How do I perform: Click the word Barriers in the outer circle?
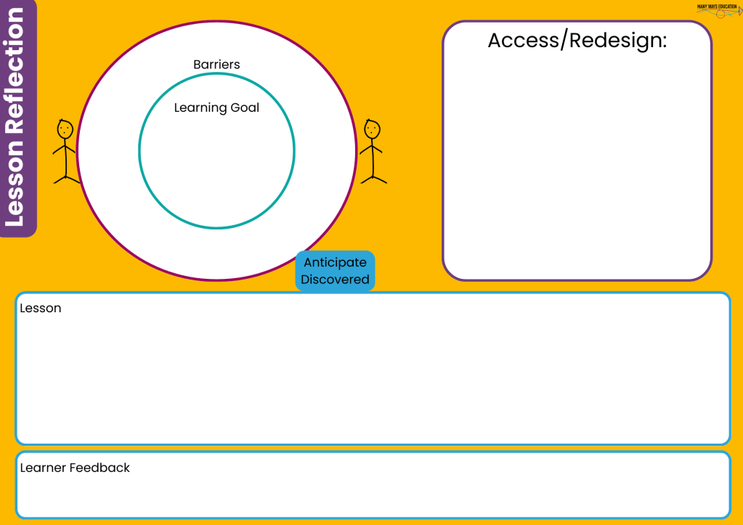pos(216,65)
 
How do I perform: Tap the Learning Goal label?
pos(216,108)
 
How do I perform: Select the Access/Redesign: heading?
pos(577,41)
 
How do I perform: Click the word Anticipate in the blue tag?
pos(335,263)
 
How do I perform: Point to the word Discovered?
pos(335,280)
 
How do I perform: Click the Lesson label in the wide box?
pos(41,308)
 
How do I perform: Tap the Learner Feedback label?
pos(75,468)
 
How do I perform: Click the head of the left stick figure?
pos(65,129)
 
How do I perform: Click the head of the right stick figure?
pos(373,129)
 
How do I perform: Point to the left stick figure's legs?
pos(66,174)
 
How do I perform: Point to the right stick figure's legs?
pos(373,174)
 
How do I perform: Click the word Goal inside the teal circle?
pos(245,108)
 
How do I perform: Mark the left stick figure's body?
pos(65,153)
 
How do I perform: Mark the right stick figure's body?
pos(373,153)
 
